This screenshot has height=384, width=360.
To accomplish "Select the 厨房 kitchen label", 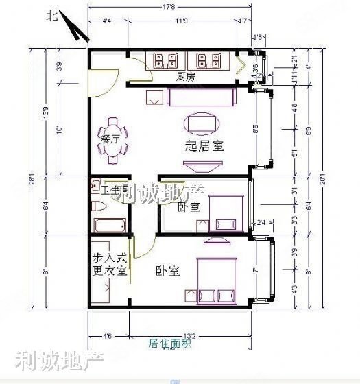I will point(185,77).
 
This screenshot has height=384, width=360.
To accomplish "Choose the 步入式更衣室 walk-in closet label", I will point(110,263).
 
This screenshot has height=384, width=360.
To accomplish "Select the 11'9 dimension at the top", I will point(181,22).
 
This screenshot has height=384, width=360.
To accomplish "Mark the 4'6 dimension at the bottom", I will point(107,335).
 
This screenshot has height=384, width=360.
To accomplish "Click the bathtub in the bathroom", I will point(110,226).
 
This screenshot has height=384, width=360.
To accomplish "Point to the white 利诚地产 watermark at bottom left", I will point(48,360).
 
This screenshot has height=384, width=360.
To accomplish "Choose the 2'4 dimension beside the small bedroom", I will point(261,222).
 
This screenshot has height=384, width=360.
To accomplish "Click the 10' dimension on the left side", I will point(59,130).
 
